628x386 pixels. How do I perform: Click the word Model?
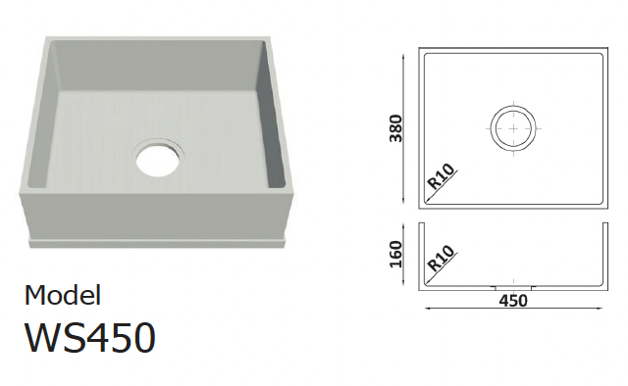tap(63, 295)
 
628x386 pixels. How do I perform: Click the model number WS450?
tap(90, 338)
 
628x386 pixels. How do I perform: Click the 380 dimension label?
tap(395, 128)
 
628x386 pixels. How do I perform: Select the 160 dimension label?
tap(395, 255)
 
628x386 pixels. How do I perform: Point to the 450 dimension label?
tap(513, 301)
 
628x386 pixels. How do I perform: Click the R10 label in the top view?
tap(442, 176)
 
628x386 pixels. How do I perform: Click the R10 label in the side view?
tap(442, 259)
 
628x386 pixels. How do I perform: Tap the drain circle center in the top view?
tap(513, 128)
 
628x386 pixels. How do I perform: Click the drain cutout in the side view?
tap(513, 288)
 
